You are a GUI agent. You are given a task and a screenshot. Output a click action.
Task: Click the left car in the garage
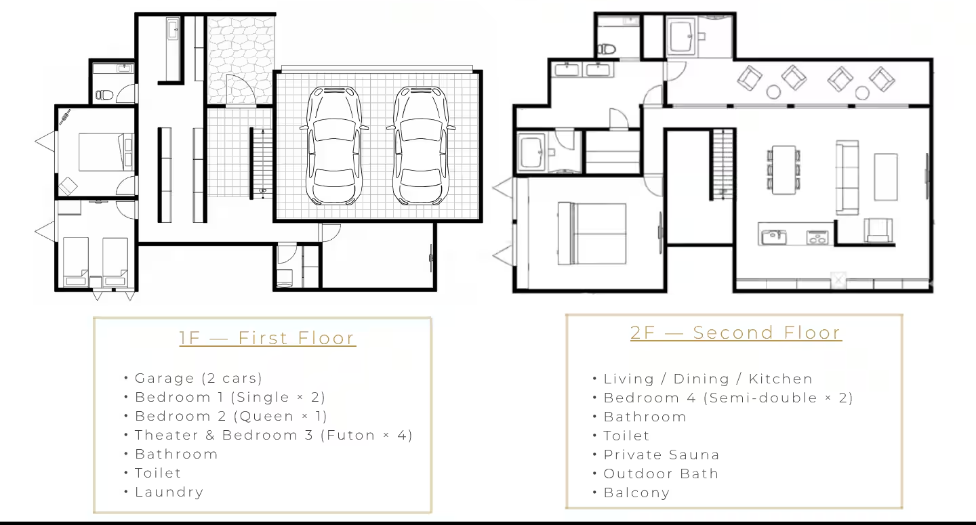pos(334,146)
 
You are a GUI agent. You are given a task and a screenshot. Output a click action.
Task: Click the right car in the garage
pos(421,146)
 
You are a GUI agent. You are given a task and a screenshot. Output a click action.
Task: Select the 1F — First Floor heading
pos(268,338)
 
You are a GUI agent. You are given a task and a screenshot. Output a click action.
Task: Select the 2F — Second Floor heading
pos(736,333)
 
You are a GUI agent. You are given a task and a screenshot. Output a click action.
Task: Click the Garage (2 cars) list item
pos(198,378)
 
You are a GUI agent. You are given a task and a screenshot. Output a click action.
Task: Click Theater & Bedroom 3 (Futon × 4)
pos(274,436)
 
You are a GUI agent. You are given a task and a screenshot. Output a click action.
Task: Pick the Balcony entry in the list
pos(636,492)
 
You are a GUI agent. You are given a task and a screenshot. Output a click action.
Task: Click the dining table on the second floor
pos(784,170)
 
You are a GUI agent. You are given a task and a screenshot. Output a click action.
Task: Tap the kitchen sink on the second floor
pos(774,237)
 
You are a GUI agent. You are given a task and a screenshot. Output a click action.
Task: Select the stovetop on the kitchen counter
pos(817,237)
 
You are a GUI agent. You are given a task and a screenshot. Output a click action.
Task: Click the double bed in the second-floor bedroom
pos(592,233)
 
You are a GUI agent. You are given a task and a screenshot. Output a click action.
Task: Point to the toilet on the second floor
pos(606,49)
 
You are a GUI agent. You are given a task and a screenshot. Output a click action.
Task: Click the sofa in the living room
pos(847,177)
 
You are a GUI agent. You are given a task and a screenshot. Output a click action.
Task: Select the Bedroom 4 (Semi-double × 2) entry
pos(728,398)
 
